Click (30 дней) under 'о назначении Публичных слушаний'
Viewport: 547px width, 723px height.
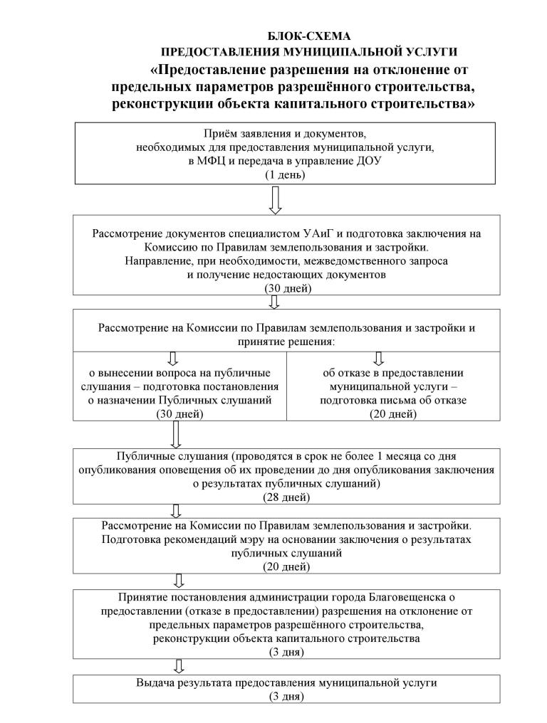tap(179, 414)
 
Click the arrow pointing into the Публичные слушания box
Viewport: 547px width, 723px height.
tap(176, 433)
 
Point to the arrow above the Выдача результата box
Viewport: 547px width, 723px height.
tap(179, 666)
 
